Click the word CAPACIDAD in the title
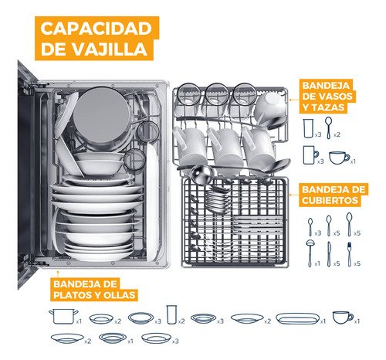pos(96,28)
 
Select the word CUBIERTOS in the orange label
pos(330,200)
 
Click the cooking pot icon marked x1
pos(63,317)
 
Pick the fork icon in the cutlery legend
pos(349,254)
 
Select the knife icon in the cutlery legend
pos(329,254)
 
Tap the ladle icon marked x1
pos(309,253)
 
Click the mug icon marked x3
pos(310,155)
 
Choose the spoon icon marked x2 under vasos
pos(328,128)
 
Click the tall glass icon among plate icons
pos(171,314)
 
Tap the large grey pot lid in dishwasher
pos(102,115)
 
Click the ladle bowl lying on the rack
pos(202,175)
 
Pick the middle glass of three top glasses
pos(217,94)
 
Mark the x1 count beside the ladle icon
pos(317,263)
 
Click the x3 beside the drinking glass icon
pos(318,134)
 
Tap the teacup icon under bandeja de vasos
pos(340,158)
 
